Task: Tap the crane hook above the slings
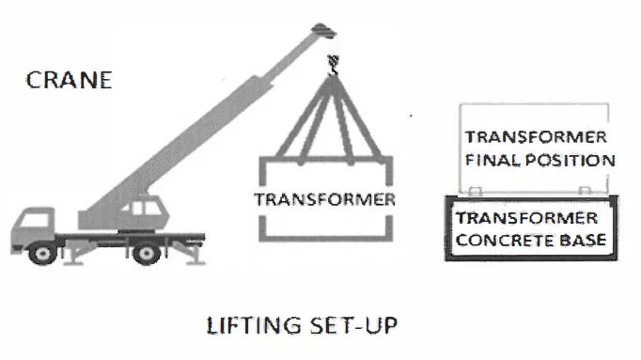[x=330, y=64]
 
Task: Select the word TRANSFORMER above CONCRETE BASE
[x=527, y=219]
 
